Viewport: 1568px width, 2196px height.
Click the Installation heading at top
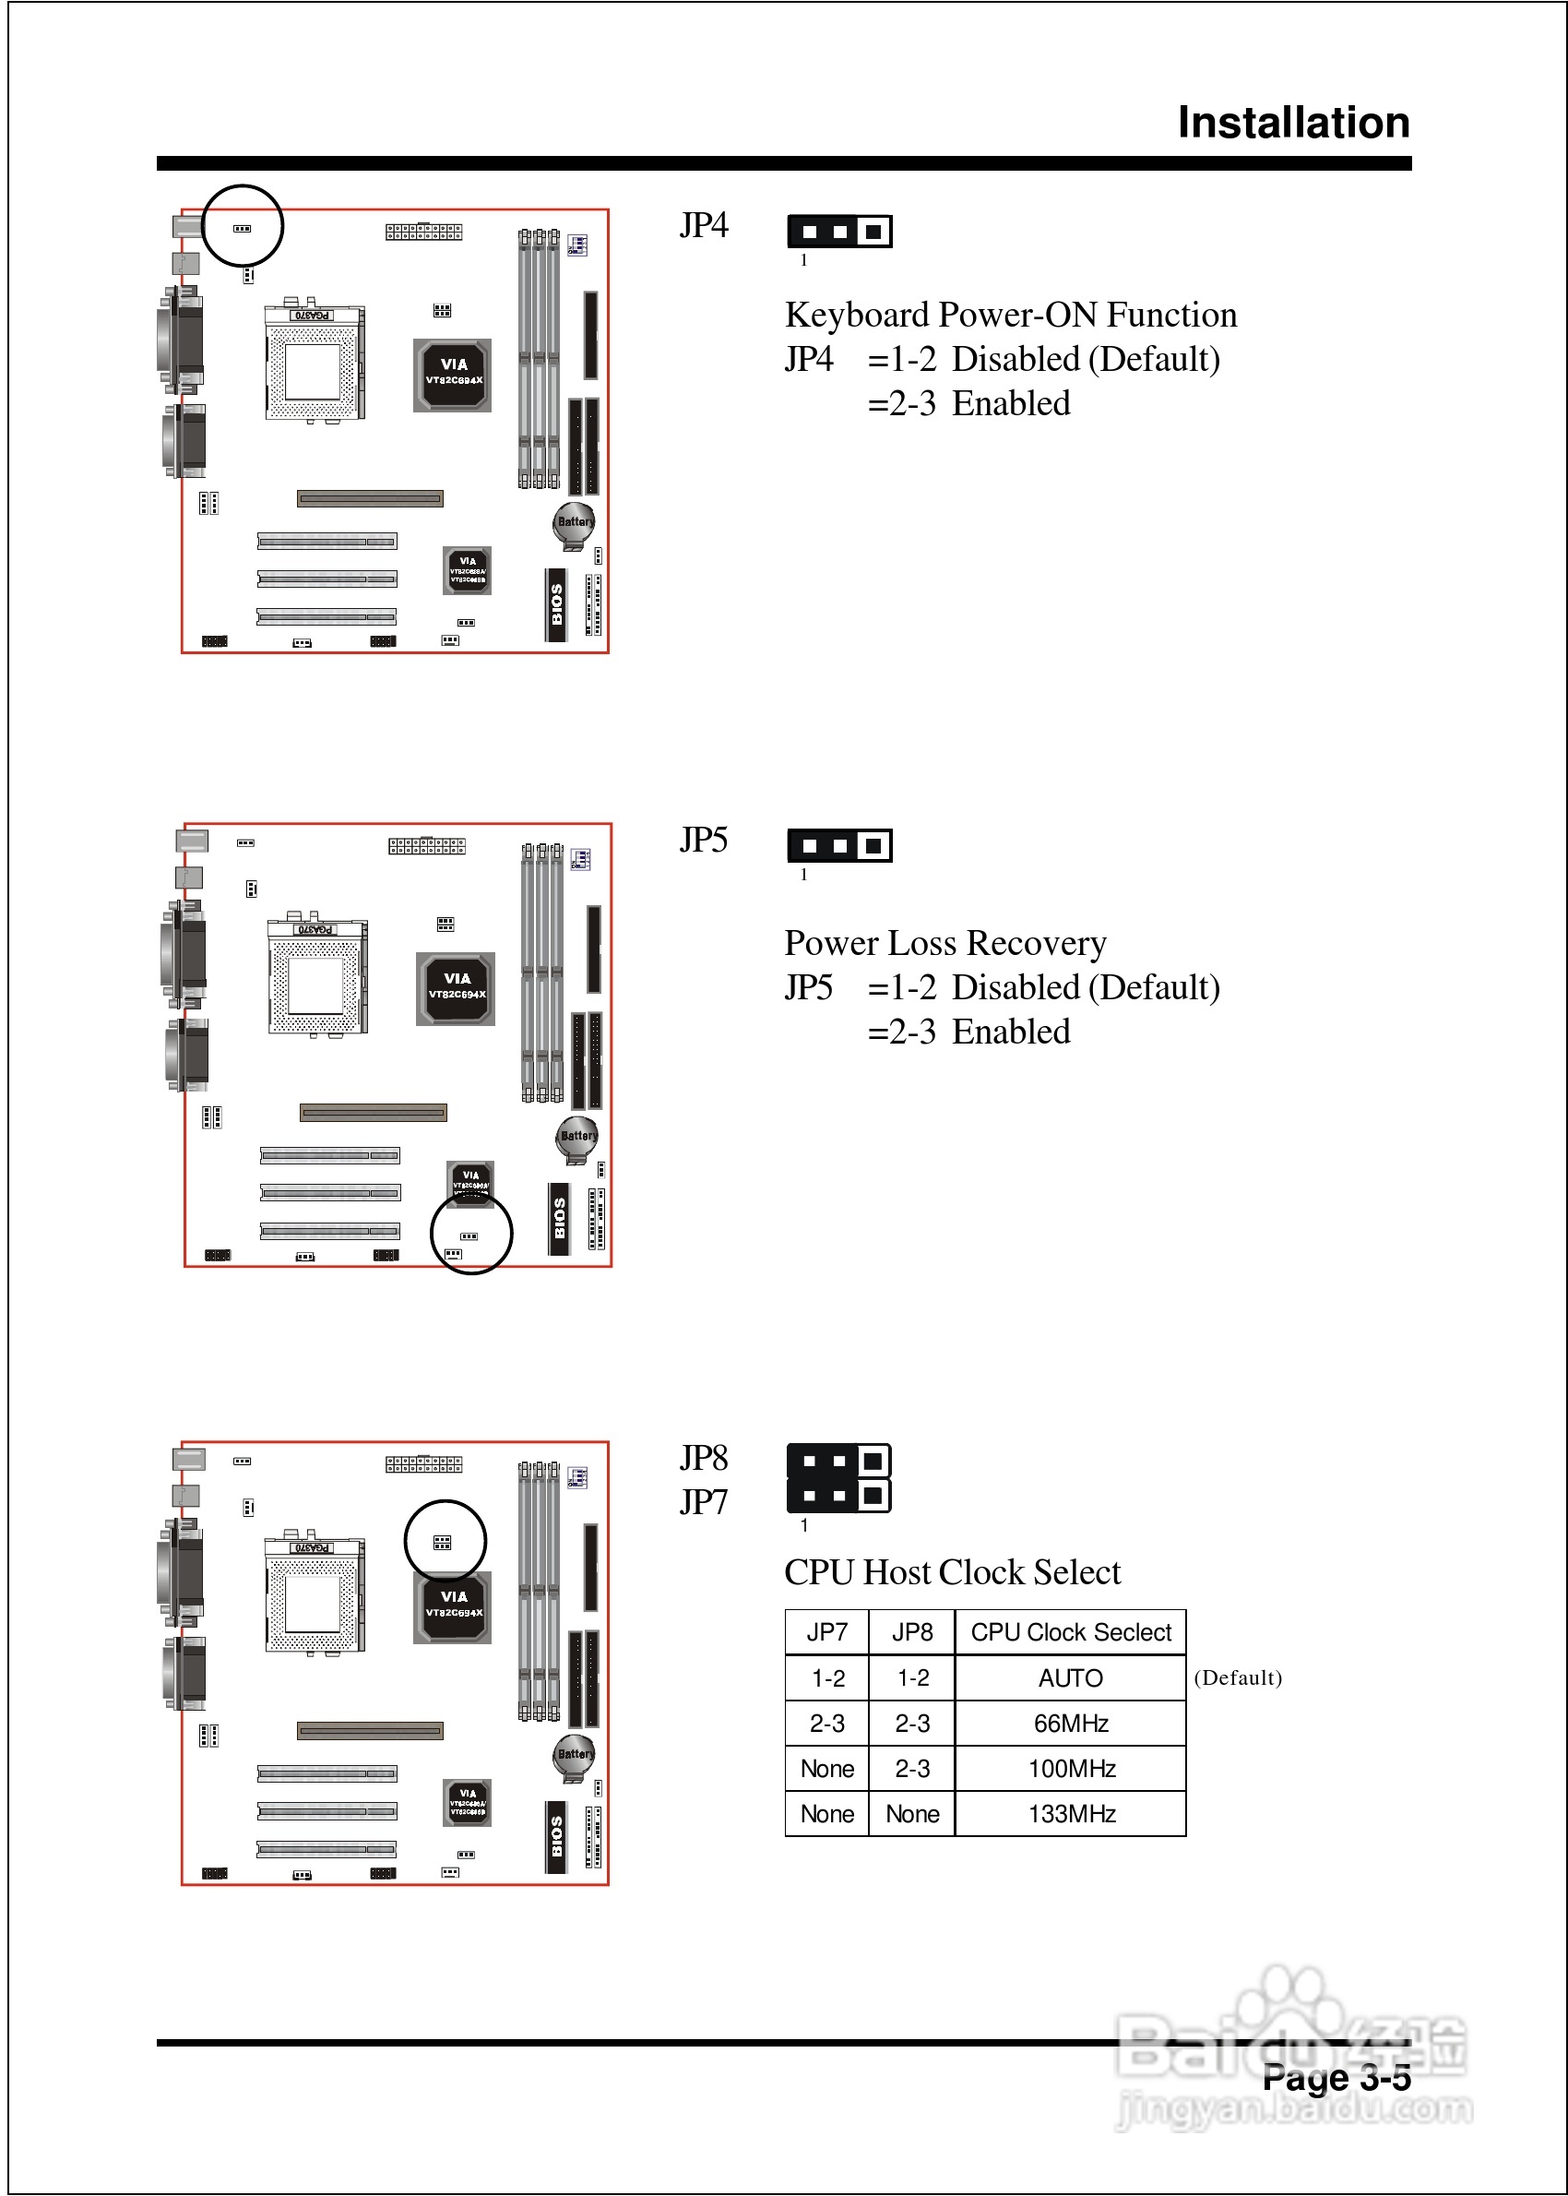coord(1293,123)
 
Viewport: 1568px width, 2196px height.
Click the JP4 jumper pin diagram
coord(839,232)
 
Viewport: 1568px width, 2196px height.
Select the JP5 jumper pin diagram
coord(839,846)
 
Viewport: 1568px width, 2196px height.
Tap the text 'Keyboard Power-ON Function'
coord(1010,315)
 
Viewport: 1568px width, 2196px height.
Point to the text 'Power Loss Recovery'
coord(944,942)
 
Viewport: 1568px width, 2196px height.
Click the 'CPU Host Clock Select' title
coord(952,1572)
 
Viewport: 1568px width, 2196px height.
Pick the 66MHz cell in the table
coord(1070,1723)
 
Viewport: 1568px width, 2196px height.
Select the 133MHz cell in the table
coord(1070,1814)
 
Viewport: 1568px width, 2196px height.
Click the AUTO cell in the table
coord(1070,1678)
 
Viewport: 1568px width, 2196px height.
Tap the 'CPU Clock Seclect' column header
coord(1070,1632)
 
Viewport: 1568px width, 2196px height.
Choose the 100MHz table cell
coord(1070,1768)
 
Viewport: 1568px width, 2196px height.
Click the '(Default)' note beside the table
coord(1238,1677)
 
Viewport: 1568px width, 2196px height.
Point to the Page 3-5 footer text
coord(1336,2077)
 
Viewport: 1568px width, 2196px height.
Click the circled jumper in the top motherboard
coord(243,229)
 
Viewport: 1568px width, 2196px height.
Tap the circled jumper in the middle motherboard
coord(469,1236)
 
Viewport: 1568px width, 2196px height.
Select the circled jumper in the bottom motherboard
coord(442,1542)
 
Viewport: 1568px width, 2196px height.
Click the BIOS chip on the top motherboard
coord(556,604)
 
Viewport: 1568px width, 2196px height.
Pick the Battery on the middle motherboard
coord(576,1137)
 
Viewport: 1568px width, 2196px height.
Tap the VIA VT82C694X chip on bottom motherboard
coord(454,1606)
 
